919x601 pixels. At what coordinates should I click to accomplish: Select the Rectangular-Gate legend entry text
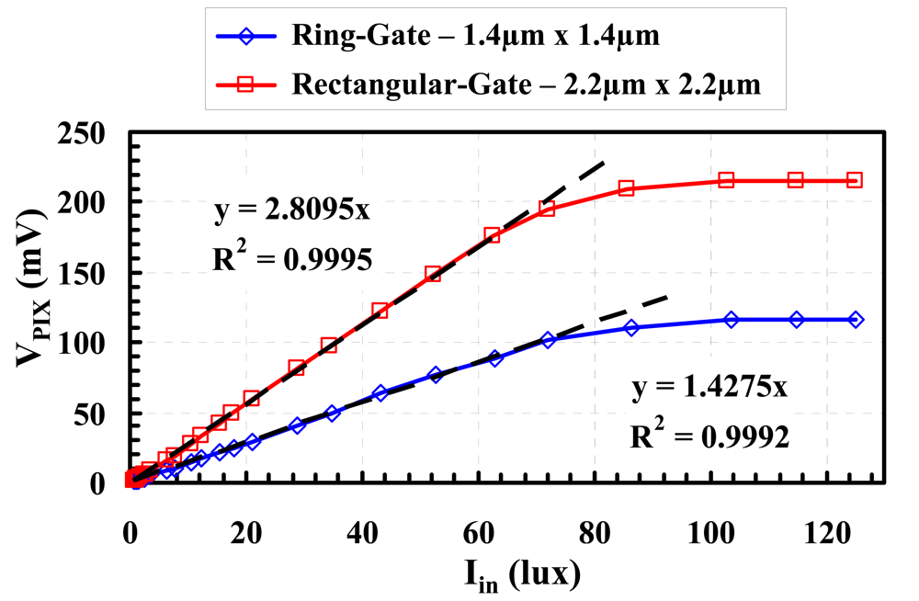[x=526, y=85]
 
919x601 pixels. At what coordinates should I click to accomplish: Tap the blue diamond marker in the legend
[x=244, y=39]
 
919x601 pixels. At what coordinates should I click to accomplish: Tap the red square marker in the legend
[x=244, y=85]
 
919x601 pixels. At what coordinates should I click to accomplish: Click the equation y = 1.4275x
[x=709, y=387]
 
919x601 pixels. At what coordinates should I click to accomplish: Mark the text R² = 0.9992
[x=709, y=436]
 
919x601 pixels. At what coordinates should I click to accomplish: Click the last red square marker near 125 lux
[x=854, y=180]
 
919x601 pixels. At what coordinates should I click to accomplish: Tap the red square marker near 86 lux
[x=627, y=188]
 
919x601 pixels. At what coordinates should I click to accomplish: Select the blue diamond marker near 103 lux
[x=732, y=319]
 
